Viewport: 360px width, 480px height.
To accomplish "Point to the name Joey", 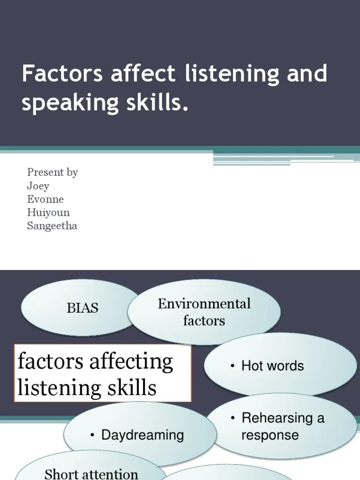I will (38, 186).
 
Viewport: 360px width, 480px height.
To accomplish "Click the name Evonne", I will (45, 199).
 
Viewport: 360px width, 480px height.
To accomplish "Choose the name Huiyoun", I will (48, 212).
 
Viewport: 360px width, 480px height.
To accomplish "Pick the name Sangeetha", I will (52, 226).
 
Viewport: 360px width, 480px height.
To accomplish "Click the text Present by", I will (52, 172).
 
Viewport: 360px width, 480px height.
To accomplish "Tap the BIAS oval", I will (82, 308).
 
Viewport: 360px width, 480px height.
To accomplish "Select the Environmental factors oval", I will (204, 312).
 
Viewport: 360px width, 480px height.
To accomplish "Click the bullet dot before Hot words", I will (232, 367).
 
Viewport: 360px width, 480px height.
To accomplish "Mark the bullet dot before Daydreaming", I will (93, 435).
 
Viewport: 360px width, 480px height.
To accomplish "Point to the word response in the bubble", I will (270, 435).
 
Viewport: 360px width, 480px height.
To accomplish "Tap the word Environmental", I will (204, 304).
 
